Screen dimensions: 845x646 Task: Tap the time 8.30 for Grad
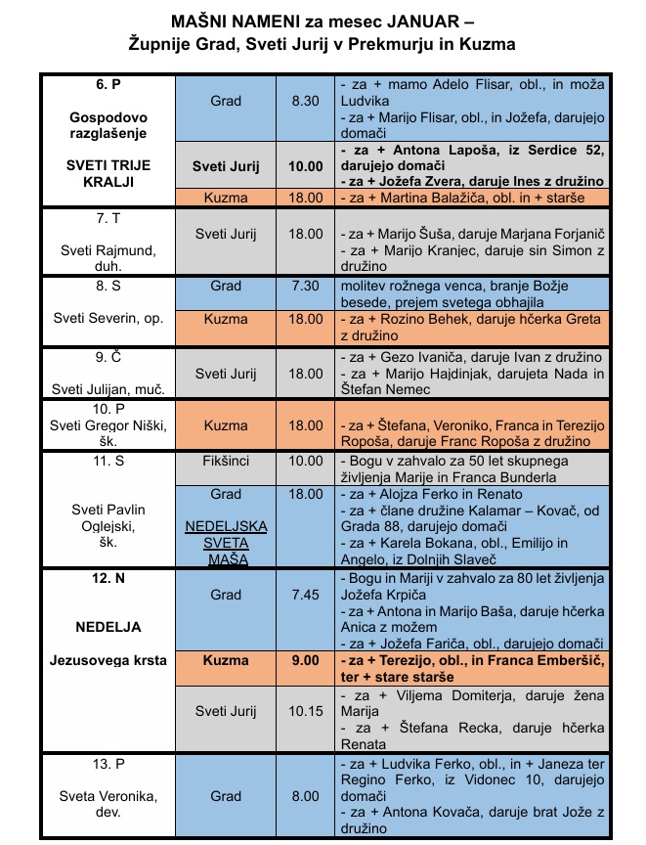pyautogui.click(x=305, y=101)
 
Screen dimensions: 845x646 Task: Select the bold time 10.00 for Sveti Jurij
pyautogui.click(x=305, y=166)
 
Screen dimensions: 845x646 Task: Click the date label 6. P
pyautogui.click(x=108, y=84)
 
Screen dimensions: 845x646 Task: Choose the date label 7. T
pyautogui.click(x=108, y=215)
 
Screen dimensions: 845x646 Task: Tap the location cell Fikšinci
pyautogui.click(x=226, y=460)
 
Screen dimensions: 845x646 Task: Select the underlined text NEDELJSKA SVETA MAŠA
pyautogui.click(x=226, y=543)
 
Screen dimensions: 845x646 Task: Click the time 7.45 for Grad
pyautogui.click(x=305, y=594)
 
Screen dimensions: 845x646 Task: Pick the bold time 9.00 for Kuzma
pyautogui.click(x=305, y=660)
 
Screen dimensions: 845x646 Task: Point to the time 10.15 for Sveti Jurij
pyautogui.click(x=305, y=711)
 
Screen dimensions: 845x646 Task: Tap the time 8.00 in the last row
pyautogui.click(x=305, y=796)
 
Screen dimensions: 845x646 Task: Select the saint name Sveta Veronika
pyautogui.click(x=108, y=804)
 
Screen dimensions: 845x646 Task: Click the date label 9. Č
pyautogui.click(x=108, y=357)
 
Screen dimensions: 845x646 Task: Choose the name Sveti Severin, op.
pyautogui.click(x=108, y=320)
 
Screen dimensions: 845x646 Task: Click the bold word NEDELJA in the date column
pyautogui.click(x=108, y=626)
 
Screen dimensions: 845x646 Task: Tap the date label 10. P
pyautogui.click(x=108, y=408)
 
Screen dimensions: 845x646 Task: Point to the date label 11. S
pyautogui.click(x=108, y=460)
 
